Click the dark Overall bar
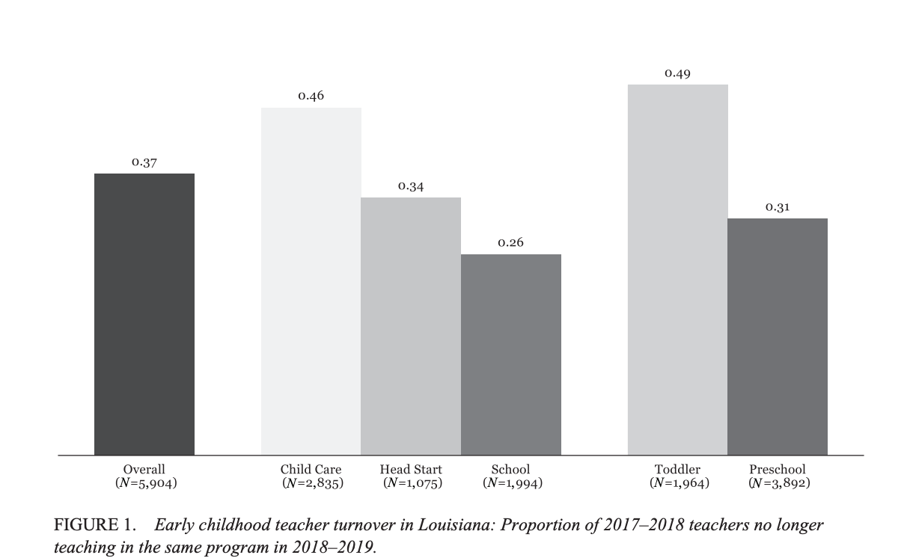(144, 314)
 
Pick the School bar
(511, 355)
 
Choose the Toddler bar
(677, 269)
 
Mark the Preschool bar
(778, 337)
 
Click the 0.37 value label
(144, 162)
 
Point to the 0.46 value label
(311, 96)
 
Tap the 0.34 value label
(411, 186)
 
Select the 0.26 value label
(511, 243)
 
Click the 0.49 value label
(677, 73)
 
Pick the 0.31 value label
(778, 207)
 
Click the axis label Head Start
(411, 470)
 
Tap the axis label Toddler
(677, 470)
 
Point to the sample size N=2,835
(312, 483)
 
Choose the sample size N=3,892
(778, 483)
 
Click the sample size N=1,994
(512, 483)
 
